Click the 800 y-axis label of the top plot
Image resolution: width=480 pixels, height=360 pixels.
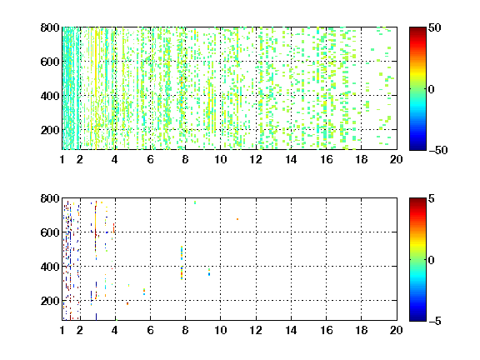50,27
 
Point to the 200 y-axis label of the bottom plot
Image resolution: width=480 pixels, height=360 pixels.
50,301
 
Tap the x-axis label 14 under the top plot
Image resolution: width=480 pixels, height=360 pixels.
291,159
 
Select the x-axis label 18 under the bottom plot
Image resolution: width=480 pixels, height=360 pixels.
361,330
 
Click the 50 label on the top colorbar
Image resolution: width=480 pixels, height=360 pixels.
435,27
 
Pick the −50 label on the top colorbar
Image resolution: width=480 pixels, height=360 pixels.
437,150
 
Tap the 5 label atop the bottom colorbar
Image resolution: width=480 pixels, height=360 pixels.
432,198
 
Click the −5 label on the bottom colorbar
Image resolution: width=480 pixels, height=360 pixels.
435,321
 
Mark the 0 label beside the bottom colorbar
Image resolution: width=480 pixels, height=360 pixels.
432,260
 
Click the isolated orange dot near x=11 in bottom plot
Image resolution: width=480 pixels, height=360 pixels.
237,219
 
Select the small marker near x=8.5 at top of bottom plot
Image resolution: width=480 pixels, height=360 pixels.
195,202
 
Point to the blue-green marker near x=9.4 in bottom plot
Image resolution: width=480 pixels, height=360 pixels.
209,272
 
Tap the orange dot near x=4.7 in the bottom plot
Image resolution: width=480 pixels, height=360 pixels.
127,303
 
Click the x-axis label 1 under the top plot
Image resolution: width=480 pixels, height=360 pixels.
62,159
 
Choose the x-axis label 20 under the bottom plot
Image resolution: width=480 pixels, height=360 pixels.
396,330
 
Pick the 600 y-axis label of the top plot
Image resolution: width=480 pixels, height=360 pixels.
50,62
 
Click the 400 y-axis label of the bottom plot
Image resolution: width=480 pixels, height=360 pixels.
50,267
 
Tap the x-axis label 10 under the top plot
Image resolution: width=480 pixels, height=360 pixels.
220,159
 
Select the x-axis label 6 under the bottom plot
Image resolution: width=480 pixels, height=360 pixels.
150,330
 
